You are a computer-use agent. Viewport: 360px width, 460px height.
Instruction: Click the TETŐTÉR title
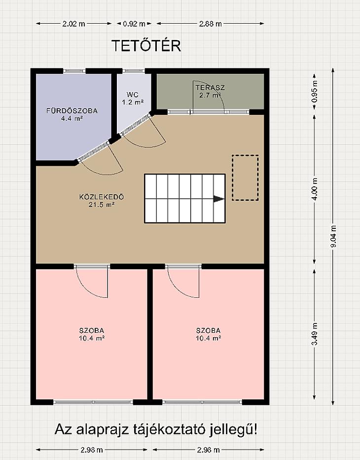tap(146, 45)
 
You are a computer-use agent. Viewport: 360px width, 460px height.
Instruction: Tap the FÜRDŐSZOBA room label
tap(72, 110)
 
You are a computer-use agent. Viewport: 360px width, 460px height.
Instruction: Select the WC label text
tap(132, 95)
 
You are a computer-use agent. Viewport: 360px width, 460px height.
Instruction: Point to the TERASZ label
tap(210, 87)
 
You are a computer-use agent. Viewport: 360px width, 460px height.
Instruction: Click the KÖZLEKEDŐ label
tap(102, 197)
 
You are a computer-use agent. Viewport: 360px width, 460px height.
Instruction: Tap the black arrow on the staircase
tap(219, 199)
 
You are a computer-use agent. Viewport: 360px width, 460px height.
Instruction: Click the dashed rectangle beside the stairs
tap(245, 178)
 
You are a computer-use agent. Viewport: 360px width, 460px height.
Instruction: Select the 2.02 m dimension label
tap(73, 24)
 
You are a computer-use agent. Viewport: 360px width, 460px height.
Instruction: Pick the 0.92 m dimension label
tap(134, 24)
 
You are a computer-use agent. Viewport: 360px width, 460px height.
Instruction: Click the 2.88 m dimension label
tap(211, 24)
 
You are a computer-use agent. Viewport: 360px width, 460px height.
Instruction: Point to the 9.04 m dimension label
tap(333, 236)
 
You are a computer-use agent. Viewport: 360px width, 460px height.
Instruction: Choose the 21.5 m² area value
tap(102, 205)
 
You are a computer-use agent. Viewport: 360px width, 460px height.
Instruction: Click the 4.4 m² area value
tap(72, 118)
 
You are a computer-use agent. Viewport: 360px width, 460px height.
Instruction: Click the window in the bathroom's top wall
tap(74, 71)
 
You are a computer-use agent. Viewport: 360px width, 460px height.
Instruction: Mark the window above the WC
tap(134, 71)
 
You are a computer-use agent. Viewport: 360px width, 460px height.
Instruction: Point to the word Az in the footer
tap(64, 430)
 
